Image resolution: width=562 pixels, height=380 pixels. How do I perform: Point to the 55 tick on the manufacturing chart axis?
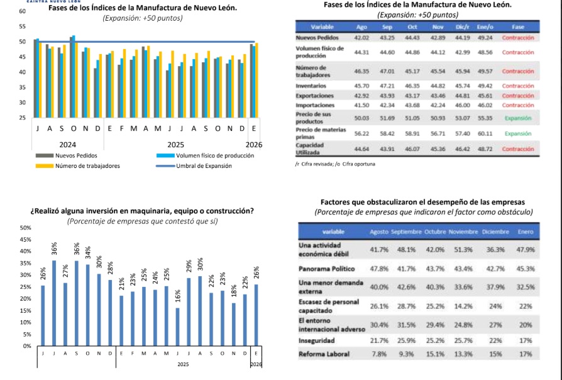[23, 26]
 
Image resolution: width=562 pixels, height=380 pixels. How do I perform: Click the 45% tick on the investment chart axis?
[25, 239]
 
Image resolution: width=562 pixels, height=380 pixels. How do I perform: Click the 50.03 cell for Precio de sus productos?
[361, 118]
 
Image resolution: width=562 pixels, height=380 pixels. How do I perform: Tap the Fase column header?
[518, 28]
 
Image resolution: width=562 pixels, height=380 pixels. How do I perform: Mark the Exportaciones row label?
[314, 95]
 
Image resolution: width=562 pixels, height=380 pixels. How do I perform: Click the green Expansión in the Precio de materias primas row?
[518, 133]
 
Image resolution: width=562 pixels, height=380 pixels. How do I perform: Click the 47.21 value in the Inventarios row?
[387, 86]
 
